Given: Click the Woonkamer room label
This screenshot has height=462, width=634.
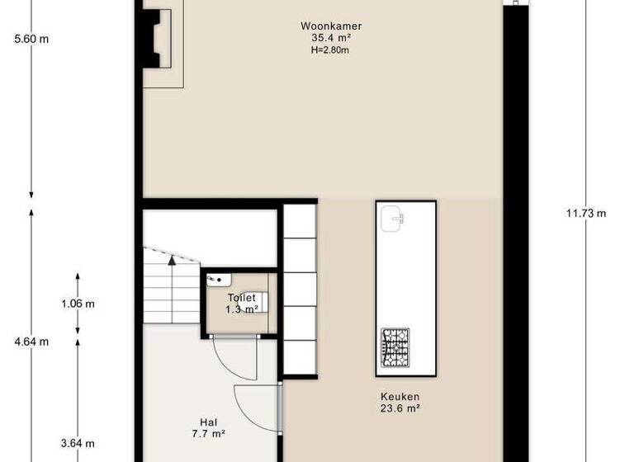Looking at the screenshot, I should (x=331, y=26).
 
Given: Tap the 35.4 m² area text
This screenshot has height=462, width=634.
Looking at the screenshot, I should (x=331, y=38).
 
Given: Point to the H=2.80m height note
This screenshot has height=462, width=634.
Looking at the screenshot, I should (x=331, y=49).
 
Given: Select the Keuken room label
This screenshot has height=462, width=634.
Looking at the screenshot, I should (x=400, y=396).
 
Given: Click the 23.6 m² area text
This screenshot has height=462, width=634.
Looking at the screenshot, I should (x=400, y=408).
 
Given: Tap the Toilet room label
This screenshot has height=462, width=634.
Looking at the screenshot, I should (x=243, y=298).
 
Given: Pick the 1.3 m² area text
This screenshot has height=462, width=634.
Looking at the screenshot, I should (x=243, y=309).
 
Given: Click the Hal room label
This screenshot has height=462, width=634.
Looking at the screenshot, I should (x=208, y=420).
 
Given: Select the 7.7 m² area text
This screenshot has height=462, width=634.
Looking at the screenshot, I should (x=208, y=431).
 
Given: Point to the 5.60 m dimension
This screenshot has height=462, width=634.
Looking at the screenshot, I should (x=31, y=39).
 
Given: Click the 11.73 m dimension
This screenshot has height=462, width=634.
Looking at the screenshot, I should (x=586, y=214).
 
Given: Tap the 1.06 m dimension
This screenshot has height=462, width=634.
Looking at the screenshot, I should (x=78, y=304).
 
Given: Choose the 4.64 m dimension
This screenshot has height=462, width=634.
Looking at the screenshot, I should (x=31, y=342).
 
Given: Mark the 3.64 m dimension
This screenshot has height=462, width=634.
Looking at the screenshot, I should (x=78, y=443).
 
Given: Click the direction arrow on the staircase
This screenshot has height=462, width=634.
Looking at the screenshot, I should (x=172, y=261).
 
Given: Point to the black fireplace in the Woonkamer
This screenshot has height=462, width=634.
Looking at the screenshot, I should (x=152, y=38).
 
